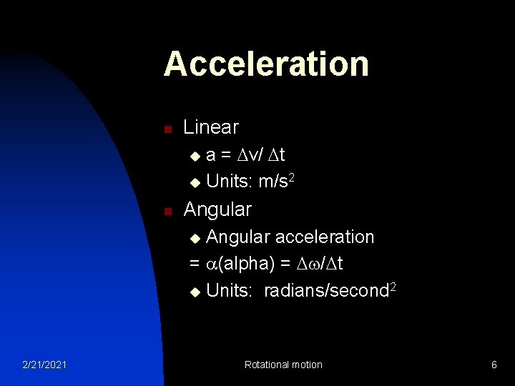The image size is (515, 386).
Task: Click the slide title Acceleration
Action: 266,64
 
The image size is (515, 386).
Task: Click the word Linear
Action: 211,127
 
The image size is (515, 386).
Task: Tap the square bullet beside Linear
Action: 167,129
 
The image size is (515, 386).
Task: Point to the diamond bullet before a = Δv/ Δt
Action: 195,156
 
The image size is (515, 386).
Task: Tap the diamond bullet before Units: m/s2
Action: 195,183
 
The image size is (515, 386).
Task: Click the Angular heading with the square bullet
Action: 217,209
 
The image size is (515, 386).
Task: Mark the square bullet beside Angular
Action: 167,212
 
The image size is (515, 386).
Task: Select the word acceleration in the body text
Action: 325,237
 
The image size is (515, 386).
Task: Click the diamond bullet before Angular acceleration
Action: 195,238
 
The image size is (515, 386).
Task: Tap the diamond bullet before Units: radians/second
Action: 195,292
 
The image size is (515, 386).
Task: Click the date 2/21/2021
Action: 44,365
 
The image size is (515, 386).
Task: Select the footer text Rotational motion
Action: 283,365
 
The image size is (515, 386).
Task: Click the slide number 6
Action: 494,365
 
